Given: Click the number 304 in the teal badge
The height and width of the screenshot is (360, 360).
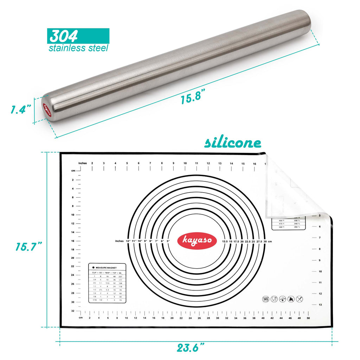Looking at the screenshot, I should (63, 36).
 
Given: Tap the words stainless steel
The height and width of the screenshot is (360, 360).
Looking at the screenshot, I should (78, 48).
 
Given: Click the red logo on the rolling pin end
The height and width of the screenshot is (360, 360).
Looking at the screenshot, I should (46, 109).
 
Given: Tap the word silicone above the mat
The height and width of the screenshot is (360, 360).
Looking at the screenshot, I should (233, 143).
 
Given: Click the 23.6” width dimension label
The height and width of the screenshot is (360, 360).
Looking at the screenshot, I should (191, 348).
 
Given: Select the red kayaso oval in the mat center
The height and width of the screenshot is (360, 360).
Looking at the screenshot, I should (197, 241).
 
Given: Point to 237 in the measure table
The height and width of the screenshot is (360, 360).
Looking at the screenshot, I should (120, 276).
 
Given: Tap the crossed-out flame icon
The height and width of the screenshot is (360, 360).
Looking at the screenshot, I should (290, 299).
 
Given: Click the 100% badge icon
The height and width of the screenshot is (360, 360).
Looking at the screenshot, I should (266, 299).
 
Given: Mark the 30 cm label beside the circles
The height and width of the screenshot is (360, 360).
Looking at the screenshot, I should (265, 241).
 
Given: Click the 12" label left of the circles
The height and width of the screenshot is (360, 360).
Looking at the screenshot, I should (128, 241).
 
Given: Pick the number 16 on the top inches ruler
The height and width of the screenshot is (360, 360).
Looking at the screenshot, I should (254, 163).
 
